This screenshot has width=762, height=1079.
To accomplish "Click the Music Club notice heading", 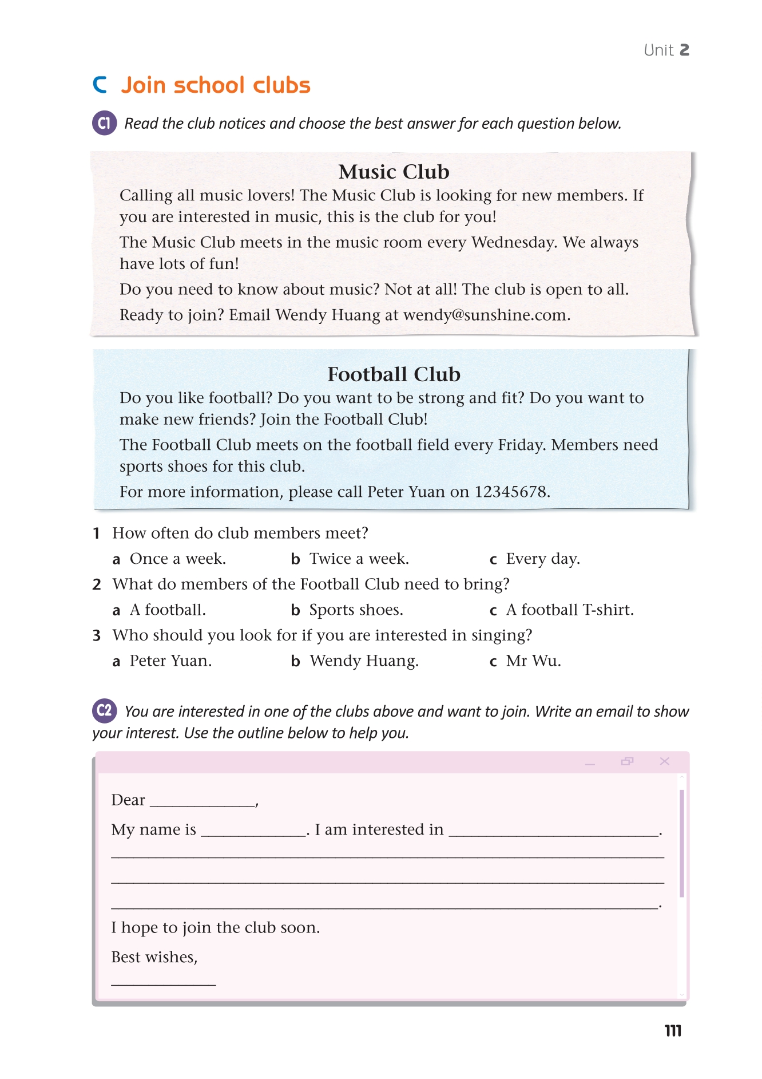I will (394, 172).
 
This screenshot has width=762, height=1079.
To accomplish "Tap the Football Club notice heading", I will (394, 374).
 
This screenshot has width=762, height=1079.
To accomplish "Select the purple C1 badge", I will (105, 123).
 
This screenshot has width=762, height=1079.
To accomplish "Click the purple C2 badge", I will (105, 711).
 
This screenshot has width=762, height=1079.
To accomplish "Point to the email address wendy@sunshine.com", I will (486, 315).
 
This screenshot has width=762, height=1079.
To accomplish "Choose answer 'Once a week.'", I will (177, 559).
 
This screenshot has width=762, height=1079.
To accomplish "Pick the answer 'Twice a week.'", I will (359, 559).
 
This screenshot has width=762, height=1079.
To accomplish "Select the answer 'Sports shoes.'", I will (356, 610).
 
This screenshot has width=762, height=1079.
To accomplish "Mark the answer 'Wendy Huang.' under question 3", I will (364, 661).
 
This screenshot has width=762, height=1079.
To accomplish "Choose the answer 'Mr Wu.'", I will (533, 661).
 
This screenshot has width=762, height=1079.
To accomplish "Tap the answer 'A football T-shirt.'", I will (569, 610).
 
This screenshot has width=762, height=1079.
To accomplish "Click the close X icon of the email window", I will (664, 761).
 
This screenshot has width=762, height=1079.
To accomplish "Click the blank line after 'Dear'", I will (202, 801).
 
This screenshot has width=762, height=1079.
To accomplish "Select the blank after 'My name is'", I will (253, 831).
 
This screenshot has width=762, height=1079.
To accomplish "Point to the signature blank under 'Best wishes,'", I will (163, 980).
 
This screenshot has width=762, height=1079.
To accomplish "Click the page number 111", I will (673, 1031).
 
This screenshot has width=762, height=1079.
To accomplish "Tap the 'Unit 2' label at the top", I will (666, 50).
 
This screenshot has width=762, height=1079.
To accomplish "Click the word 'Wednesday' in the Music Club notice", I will (513, 243).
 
